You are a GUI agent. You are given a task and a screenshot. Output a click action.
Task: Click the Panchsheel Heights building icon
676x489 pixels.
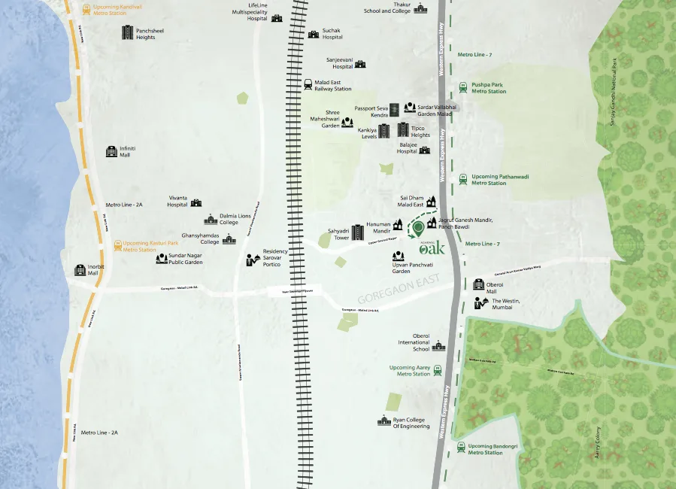click(128, 32)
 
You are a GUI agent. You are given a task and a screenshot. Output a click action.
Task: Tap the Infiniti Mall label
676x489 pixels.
click(126, 151)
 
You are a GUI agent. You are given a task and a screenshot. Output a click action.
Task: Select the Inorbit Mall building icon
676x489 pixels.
click(80, 270)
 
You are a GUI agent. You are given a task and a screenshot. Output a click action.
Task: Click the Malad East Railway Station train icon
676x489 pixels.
click(308, 85)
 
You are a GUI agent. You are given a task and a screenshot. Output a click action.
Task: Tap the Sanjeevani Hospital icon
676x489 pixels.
click(359, 65)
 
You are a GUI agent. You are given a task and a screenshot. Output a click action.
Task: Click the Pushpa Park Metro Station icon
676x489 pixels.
click(463, 87)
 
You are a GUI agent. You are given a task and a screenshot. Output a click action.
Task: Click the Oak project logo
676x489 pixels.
click(432, 246)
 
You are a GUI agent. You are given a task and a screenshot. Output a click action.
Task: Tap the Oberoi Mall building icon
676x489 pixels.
click(479, 285)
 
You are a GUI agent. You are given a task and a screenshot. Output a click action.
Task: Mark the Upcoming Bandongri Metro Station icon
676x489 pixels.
click(461, 448)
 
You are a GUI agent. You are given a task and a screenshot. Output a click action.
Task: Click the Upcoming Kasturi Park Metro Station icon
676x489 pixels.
click(117, 245)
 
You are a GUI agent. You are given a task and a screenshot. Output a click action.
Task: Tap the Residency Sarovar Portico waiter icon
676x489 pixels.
click(253, 260)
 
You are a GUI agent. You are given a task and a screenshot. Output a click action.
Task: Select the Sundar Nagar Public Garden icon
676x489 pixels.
click(162, 259)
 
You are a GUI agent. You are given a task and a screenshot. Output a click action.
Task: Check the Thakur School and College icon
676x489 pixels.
click(420, 8)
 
